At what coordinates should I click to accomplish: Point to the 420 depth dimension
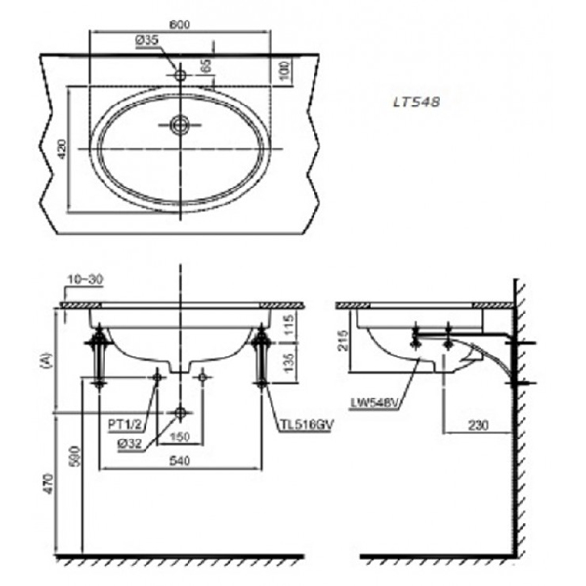(60, 149)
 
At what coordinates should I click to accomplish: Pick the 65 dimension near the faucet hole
(205, 67)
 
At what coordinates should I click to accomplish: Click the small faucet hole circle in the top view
(179, 74)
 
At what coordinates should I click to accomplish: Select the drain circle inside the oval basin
(179, 124)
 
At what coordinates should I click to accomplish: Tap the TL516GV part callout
(303, 425)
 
